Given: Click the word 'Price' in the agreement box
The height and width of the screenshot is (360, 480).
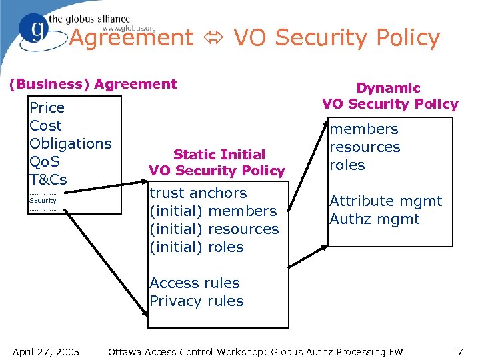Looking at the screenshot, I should [x=47, y=107].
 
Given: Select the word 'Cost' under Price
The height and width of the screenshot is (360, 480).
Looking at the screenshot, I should [x=45, y=125].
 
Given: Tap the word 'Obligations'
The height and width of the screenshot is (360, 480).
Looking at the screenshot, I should [x=71, y=143].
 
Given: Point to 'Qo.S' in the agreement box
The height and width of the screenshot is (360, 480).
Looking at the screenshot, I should [x=45, y=161].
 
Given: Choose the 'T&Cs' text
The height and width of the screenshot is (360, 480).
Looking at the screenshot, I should [x=48, y=179].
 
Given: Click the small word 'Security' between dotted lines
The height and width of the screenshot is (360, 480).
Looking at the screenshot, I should [x=43, y=200].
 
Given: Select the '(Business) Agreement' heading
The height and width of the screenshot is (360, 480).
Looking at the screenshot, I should [x=92, y=84].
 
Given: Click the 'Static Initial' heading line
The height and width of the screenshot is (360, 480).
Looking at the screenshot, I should [x=219, y=154].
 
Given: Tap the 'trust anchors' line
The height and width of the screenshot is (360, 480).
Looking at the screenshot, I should [x=198, y=193].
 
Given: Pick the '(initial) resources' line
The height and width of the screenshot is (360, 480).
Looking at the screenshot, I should [x=214, y=229].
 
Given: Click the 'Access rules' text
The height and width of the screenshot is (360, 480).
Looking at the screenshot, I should [x=194, y=283].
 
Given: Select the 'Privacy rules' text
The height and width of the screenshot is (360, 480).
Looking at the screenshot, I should [x=197, y=301].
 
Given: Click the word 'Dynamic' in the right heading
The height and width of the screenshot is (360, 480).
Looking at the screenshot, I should [x=388, y=87].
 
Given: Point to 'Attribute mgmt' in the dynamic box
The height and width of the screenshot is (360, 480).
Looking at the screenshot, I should [x=385, y=201].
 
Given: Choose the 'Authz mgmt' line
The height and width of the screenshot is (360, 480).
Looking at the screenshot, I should [x=374, y=219].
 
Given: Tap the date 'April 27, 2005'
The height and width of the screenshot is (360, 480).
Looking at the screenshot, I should [x=46, y=351].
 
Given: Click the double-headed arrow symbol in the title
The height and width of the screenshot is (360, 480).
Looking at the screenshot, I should [x=213, y=39].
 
